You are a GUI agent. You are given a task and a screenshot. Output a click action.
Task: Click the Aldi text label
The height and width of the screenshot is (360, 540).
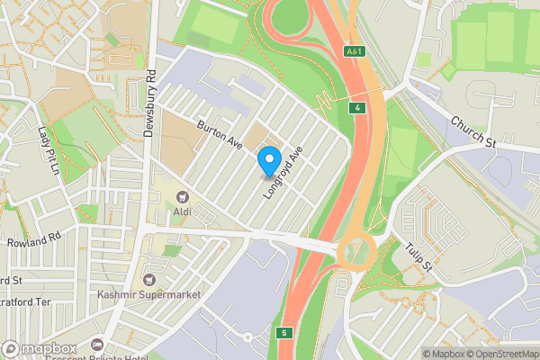click(184, 212)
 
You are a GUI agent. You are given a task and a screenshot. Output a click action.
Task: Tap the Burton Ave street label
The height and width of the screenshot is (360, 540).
click(221, 138)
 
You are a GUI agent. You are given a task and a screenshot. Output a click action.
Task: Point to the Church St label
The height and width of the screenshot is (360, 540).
click(473, 131)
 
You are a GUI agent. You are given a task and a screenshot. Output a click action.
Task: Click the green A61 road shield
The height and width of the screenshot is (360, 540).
click(355, 51)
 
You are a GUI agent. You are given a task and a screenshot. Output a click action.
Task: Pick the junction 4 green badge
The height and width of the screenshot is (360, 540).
click(358, 109)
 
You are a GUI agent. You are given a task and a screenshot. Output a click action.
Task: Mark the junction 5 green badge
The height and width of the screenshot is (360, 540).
click(286, 333)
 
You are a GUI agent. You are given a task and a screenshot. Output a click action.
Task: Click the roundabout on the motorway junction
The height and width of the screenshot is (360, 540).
click(357, 253)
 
